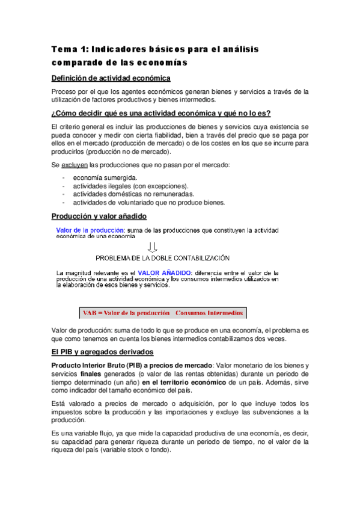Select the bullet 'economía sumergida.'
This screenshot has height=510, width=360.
[x=105, y=178]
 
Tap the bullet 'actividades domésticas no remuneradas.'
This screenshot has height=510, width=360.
[x=133, y=194]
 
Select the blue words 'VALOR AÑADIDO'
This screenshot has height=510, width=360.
[x=165, y=272]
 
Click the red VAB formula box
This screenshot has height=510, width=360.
[x=162, y=313]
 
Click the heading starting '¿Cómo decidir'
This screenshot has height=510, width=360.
[x=161, y=114]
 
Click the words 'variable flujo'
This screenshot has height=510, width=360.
[x=88, y=434]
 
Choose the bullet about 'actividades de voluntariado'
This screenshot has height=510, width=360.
[x=148, y=203]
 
